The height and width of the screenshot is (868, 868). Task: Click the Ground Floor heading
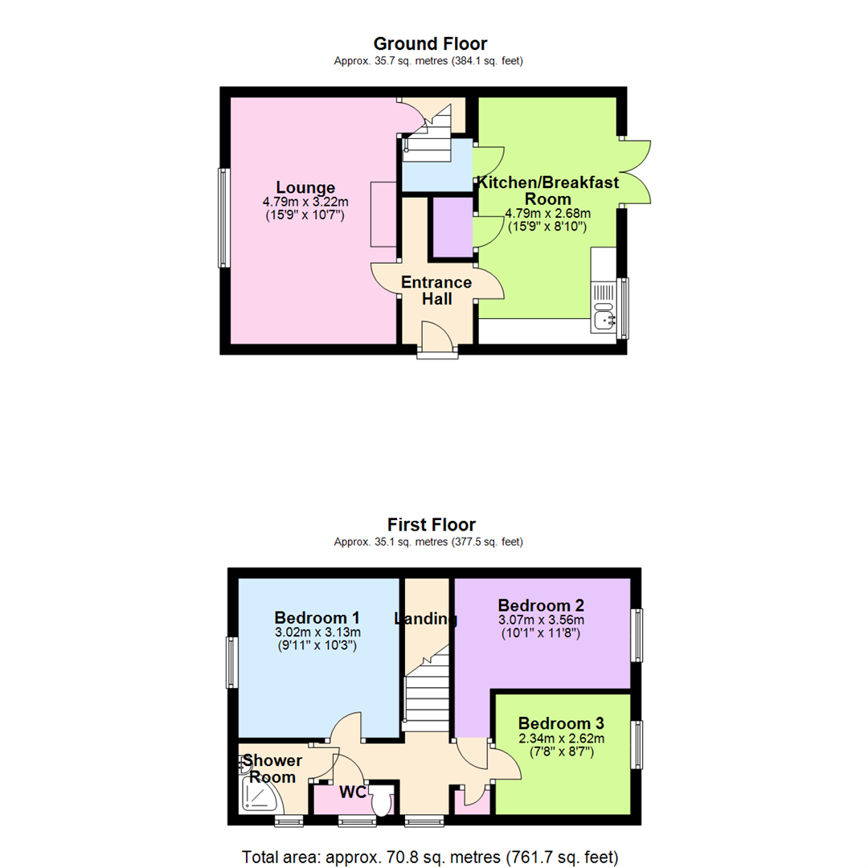click(430, 43)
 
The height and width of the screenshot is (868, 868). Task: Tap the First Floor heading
click(431, 525)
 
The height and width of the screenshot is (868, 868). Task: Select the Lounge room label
click(305, 188)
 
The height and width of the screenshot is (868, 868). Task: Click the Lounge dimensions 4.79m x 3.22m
click(305, 202)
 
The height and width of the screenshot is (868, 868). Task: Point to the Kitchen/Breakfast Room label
click(548, 190)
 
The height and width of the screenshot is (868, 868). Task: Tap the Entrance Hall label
click(436, 291)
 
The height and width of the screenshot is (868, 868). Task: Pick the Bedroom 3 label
click(561, 722)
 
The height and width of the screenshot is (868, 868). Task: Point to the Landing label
click(425, 619)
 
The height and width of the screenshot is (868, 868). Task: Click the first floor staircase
click(426, 691)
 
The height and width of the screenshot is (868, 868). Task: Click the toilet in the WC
click(381, 800)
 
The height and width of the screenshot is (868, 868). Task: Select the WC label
click(353, 792)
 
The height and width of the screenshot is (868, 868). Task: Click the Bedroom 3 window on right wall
click(638, 745)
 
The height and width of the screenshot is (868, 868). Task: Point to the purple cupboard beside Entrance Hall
click(453, 227)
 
